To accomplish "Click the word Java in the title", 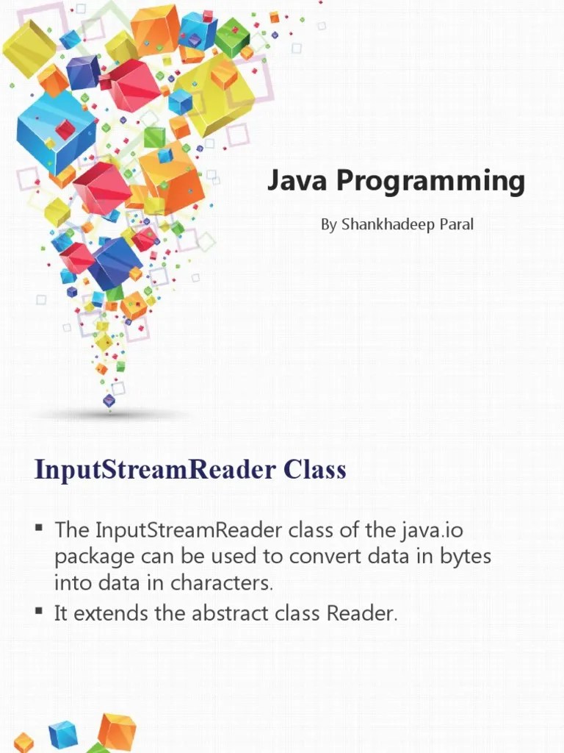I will [292, 180].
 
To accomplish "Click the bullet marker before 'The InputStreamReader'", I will [39, 529].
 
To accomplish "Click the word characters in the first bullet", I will [222, 584].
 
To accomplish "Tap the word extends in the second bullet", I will [112, 613].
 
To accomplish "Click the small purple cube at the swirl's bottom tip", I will [109, 401].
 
